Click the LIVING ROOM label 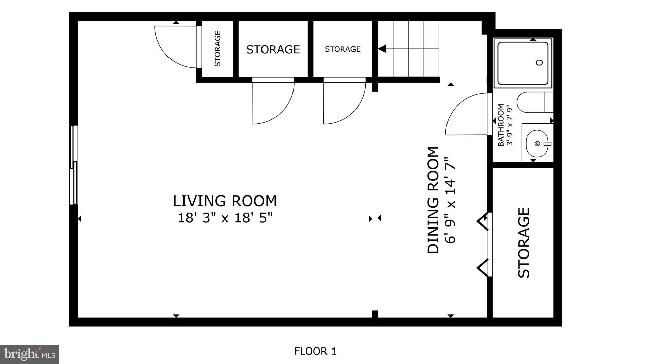[225, 201]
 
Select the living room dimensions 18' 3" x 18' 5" [225, 218]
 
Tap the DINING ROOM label [433, 200]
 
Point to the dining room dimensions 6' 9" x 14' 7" [450, 200]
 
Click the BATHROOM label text [501, 125]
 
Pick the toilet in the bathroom [534, 102]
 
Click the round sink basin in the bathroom [537, 144]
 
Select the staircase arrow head [382, 49]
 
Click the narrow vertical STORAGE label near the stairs [218, 49]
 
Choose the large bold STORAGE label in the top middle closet [273, 50]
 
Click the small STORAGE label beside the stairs [342, 49]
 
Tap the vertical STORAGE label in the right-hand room [524, 242]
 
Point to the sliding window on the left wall [73, 165]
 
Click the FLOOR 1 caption [315, 351]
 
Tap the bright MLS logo [29, 354]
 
